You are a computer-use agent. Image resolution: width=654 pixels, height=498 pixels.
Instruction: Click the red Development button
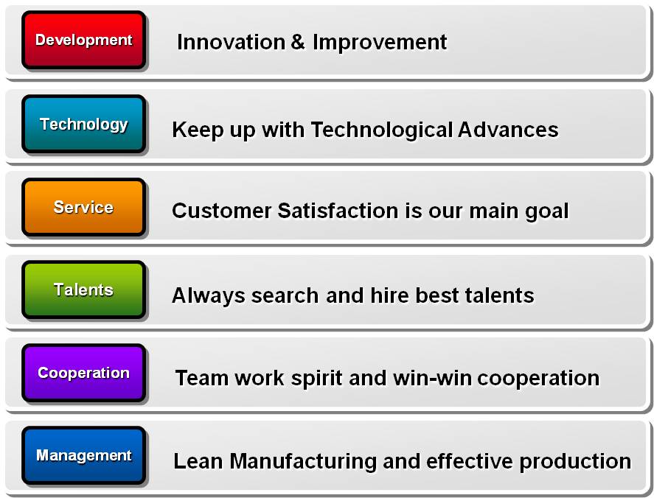[x=84, y=40]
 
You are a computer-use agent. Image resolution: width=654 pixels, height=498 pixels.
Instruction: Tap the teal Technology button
[x=84, y=124]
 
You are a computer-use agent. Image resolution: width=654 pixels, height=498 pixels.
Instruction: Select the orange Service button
[x=84, y=207]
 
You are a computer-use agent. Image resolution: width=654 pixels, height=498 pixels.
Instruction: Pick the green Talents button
[x=84, y=290]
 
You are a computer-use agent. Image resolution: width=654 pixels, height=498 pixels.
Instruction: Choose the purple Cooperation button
[x=84, y=373]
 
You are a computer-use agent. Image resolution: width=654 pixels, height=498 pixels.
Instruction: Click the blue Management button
[x=84, y=455]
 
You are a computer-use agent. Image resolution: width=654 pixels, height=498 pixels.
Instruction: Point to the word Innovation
[x=232, y=42]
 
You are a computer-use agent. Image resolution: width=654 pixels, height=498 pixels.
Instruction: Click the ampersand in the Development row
[x=298, y=42]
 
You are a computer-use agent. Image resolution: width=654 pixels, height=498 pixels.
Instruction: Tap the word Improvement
[x=380, y=42]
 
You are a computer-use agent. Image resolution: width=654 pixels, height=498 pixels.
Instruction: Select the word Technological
[x=382, y=130]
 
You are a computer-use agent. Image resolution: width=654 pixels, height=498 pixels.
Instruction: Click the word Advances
[x=508, y=130]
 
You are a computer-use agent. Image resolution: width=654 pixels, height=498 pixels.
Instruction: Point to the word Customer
[x=221, y=211]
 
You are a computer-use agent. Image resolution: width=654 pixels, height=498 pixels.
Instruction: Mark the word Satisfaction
[x=338, y=211]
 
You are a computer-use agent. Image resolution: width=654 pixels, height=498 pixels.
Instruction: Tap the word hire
[x=389, y=295]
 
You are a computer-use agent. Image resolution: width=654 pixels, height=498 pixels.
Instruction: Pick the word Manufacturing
[x=303, y=462]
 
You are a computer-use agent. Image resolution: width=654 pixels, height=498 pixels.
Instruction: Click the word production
[x=575, y=462]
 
